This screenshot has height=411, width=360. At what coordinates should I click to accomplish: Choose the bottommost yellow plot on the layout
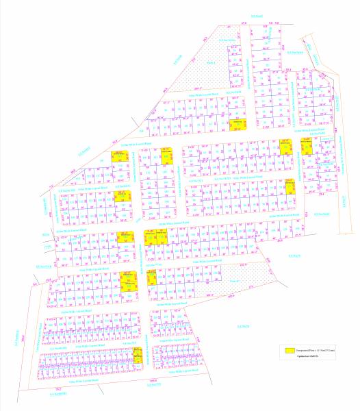138,355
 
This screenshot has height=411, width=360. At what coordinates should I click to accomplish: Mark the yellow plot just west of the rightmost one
286,145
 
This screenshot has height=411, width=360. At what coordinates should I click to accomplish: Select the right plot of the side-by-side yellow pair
162,238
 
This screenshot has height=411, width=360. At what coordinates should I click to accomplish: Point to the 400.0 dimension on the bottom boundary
154,382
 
